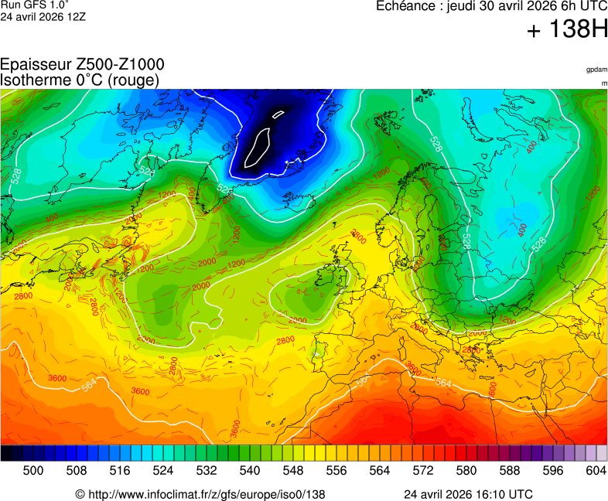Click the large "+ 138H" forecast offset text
point(568,31)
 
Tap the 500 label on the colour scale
point(33,470)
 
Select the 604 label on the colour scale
point(596,470)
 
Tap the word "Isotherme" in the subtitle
point(36,80)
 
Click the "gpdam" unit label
point(596,70)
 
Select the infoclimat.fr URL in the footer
point(206,494)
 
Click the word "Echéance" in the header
point(403,7)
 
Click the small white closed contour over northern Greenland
point(278,114)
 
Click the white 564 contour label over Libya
point(443,383)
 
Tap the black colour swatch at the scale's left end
point(6,453)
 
